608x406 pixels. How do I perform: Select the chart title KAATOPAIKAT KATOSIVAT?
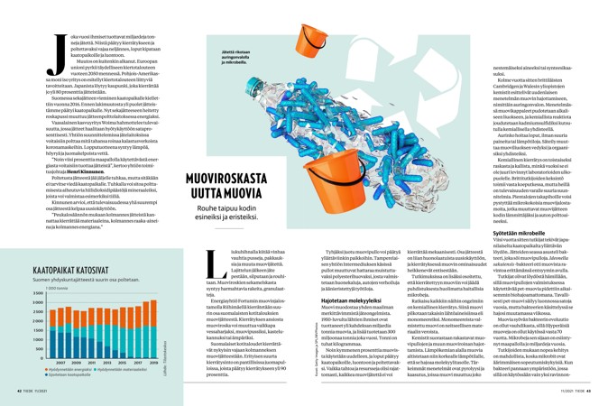point(70,270)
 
